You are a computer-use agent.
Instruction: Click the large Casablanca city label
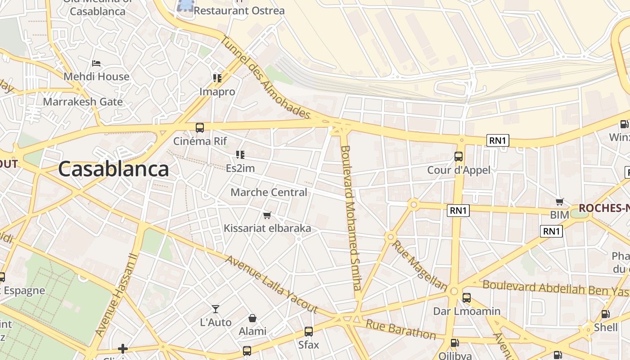pyautogui.click(x=113, y=170)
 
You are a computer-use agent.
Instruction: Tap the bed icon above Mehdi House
pyautogui.click(x=96, y=63)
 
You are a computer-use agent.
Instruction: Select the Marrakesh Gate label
pyautogui.click(x=83, y=102)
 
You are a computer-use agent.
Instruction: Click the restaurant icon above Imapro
pyautogui.click(x=218, y=78)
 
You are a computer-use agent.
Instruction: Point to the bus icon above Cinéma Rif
pyautogui.click(x=200, y=128)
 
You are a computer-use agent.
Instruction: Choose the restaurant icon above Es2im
pyautogui.click(x=240, y=155)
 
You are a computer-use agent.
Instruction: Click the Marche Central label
pyautogui.click(x=269, y=192)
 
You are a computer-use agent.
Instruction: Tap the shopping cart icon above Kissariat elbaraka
pyautogui.click(x=267, y=215)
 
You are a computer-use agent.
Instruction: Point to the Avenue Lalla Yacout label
pyautogui.click(x=272, y=284)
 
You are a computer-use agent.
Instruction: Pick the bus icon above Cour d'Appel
pyautogui.click(x=459, y=157)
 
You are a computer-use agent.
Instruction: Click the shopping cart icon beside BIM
pyautogui.click(x=560, y=202)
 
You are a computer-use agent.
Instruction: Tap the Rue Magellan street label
pyautogui.click(x=419, y=265)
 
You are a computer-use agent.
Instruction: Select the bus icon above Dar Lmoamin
pyautogui.click(x=467, y=298)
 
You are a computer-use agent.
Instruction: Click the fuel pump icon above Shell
pyautogui.click(x=606, y=314)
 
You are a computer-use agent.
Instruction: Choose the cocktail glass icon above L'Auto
pyautogui.click(x=216, y=309)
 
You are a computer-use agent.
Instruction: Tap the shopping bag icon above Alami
pyautogui.click(x=252, y=318)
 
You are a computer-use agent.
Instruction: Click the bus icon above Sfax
pyautogui.click(x=309, y=332)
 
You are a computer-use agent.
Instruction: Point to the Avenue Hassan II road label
pyautogui.click(x=115, y=294)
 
